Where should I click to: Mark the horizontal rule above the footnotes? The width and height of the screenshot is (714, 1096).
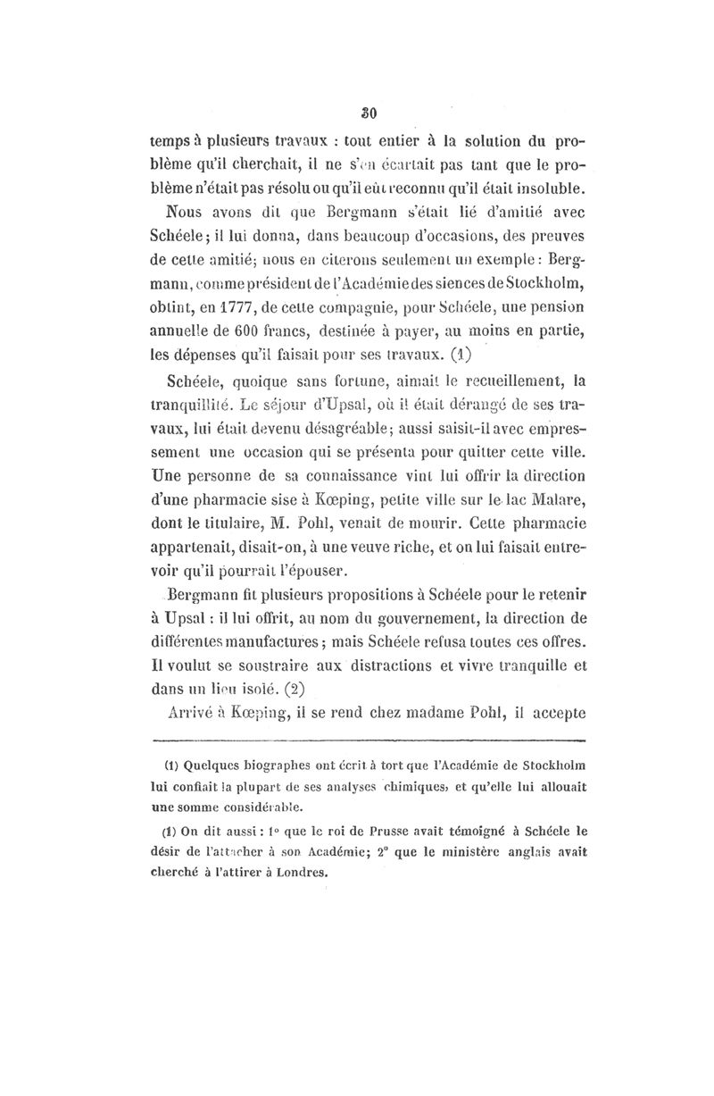(368, 740)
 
